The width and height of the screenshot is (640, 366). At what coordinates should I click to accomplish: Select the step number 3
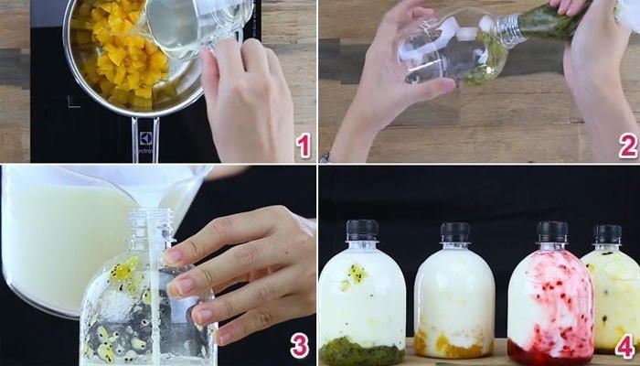click(298, 345)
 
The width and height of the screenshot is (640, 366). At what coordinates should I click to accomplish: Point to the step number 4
click(624, 347)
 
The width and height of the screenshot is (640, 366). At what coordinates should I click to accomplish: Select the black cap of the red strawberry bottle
click(551, 231)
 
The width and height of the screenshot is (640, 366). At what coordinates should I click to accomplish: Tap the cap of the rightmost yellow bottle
click(608, 234)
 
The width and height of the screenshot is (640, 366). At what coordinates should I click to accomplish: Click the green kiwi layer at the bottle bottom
click(361, 350)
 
